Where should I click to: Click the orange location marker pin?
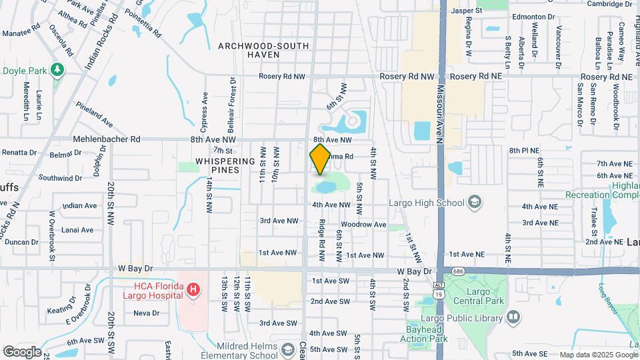tap(320, 159)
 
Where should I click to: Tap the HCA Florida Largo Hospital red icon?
tap(193, 289)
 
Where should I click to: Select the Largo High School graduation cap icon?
tap(474, 201)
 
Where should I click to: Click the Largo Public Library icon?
tap(513, 317)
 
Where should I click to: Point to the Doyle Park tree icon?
tap(58, 69)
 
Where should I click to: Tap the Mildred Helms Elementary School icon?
tap(287, 350)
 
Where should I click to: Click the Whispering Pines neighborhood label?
tap(225, 167)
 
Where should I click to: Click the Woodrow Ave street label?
tap(363, 225)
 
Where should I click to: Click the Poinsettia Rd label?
tap(147, 24)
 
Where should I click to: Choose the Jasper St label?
tap(467, 11)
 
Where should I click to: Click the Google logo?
tap(22, 351)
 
